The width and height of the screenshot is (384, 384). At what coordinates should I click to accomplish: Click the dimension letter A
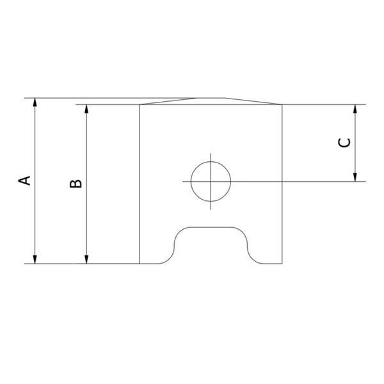click(24, 180)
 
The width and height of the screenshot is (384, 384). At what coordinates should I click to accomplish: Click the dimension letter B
click(76, 184)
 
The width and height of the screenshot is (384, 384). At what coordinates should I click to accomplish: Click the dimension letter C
click(344, 143)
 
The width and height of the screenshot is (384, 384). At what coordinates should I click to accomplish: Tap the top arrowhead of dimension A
click(35, 102)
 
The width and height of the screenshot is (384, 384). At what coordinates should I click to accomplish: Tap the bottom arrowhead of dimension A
click(35, 259)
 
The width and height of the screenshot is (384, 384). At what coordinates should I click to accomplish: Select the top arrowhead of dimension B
click(86, 109)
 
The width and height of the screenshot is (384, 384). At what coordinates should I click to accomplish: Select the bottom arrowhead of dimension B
click(86, 259)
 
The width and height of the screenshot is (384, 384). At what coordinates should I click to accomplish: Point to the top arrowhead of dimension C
click(355, 109)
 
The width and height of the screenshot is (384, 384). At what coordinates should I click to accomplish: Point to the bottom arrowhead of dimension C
click(355, 177)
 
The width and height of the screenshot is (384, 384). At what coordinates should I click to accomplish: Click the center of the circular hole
click(211, 182)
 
